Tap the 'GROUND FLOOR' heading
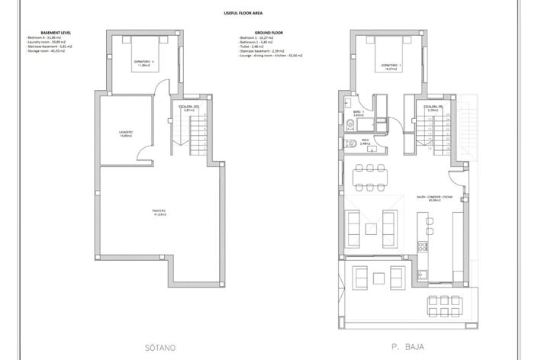pos(269,33)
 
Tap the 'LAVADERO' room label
pos(125,133)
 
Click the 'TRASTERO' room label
pos(159,213)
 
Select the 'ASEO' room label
pos(366,141)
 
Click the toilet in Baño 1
pos(350,124)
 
